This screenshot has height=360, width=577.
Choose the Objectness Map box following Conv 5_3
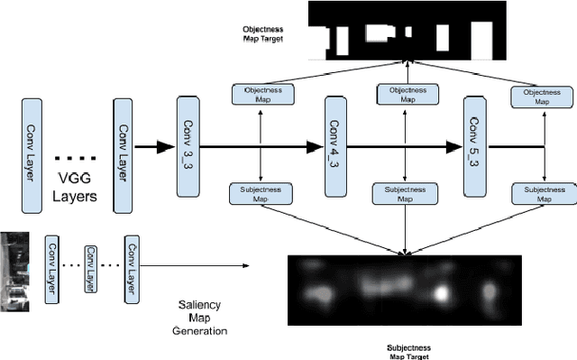541,97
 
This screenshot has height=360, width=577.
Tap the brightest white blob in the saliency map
442,294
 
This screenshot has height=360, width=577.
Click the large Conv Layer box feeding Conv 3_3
124,144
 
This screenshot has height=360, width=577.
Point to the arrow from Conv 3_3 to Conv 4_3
261,145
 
